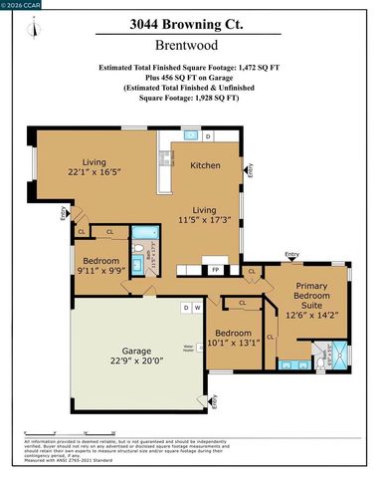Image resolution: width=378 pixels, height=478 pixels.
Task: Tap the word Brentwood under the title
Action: [x=188, y=46]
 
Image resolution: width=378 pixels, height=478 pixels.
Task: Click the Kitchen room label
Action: [x=205, y=165]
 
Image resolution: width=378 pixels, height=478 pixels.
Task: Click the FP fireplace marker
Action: [x=215, y=269]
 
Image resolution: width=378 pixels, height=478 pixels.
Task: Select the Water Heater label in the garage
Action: [x=189, y=348]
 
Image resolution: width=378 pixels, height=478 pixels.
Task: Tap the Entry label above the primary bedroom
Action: [x=291, y=255]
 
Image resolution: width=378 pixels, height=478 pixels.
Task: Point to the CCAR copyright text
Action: [x=20, y=5]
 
